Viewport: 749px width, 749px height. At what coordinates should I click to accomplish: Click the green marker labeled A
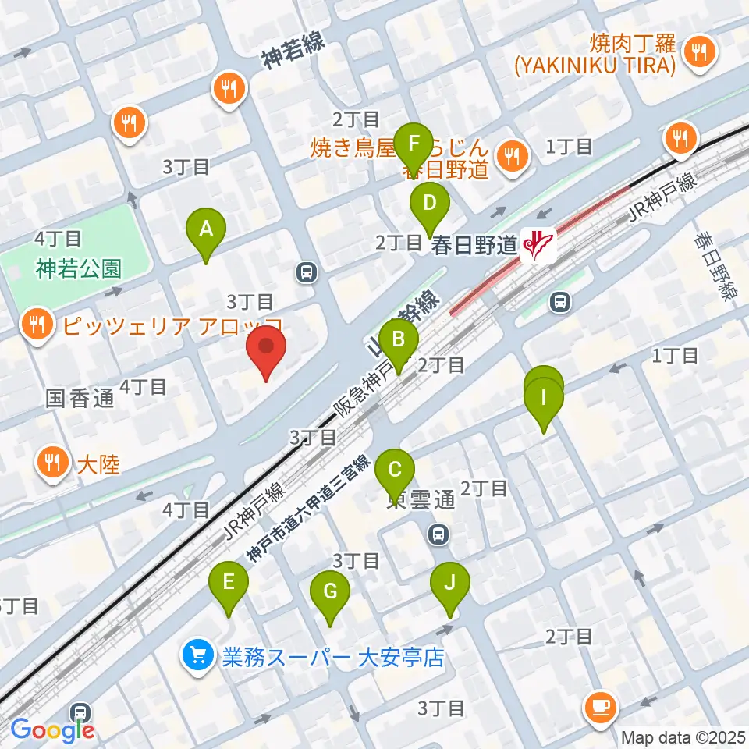pos(206,230)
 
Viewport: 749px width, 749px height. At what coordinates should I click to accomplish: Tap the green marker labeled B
pos(399,341)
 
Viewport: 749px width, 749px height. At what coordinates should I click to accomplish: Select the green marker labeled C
pos(395,471)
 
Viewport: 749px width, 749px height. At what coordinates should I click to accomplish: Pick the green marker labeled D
pos(430,204)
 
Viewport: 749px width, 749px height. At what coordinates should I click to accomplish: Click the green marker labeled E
pos(229,584)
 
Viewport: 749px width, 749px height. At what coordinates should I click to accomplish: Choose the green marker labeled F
pos(414,144)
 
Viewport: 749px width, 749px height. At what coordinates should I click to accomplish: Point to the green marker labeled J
pos(449,584)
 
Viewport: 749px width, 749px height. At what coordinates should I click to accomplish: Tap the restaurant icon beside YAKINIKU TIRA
pos(694,51)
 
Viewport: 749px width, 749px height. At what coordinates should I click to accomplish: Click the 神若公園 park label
pos(78,269)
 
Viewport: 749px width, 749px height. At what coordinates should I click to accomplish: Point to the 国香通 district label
pos(80,399)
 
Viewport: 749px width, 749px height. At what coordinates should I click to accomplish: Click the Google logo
pos(52,729)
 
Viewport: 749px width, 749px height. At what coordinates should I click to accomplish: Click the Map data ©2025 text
pos(682,737)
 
